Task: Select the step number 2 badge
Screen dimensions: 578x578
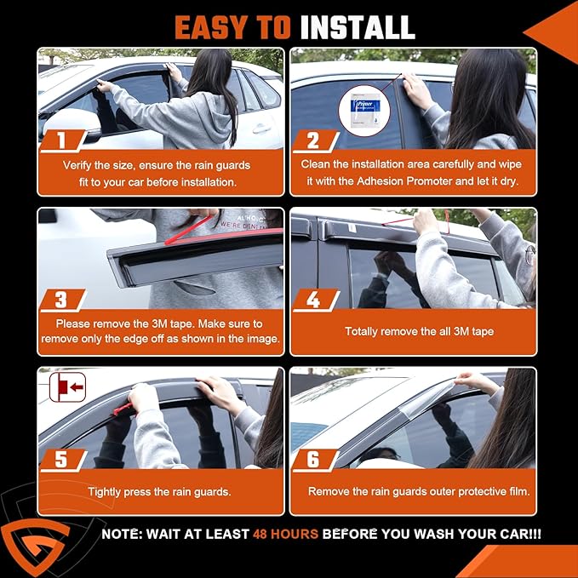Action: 312,139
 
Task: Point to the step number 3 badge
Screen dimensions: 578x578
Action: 61,300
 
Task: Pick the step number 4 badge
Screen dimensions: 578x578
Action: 312,300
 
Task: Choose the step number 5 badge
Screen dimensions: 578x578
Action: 62,460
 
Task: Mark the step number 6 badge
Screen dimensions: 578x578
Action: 312,460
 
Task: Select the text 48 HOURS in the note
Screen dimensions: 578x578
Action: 285,535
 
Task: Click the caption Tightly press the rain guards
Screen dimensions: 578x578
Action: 159,492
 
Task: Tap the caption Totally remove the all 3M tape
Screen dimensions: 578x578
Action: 413,331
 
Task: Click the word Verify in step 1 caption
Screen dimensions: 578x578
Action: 81,164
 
